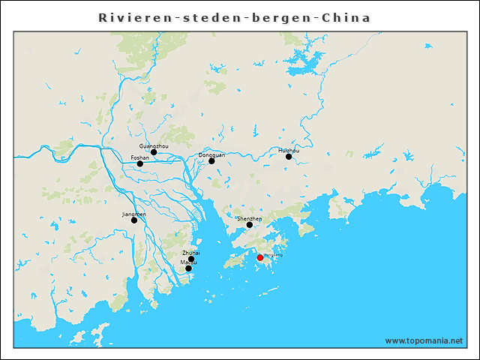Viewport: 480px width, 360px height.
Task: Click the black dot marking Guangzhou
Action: (154, 152)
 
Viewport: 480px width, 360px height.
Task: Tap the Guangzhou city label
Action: (154, 145)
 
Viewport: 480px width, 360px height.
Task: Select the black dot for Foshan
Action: (139, 163)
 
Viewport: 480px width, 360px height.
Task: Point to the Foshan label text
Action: (139, 157)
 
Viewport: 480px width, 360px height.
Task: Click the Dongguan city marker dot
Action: (211, 161)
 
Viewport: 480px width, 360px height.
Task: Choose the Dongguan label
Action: (211, 154)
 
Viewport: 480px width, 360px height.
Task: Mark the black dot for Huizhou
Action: (289, 157)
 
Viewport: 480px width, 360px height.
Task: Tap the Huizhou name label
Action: (289, 150)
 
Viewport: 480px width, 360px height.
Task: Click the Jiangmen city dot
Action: (134, 220)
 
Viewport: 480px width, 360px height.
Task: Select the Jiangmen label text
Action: (134, 214)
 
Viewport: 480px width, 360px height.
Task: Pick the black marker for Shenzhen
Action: (250, 225)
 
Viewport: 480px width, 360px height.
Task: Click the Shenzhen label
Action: (250, 218)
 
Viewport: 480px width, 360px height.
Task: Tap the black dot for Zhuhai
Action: (191, 259)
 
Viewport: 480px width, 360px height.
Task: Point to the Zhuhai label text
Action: (191, 253)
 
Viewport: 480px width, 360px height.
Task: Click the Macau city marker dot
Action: (188, 268)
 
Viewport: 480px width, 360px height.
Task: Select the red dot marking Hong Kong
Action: (260, 257)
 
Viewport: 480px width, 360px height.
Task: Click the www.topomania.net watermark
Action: (424, 340)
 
